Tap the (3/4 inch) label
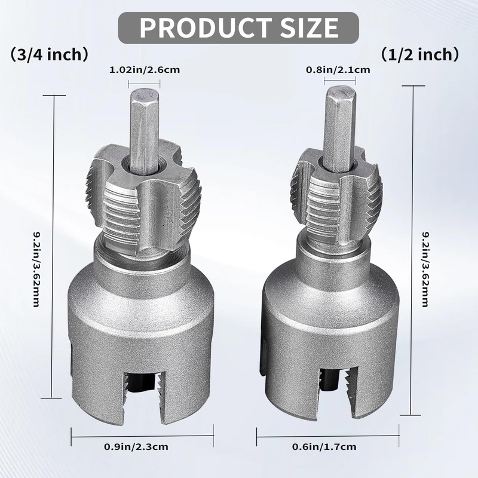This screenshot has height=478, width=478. tap(50, 54)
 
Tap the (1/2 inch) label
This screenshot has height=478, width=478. tap(420, 54)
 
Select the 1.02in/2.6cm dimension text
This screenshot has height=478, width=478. tap(145, 70)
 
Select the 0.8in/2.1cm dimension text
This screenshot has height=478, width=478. tap(338, 70)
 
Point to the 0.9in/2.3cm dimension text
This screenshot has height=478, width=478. tap(136, 447)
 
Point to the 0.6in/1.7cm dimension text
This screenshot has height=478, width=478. tap(324, 447)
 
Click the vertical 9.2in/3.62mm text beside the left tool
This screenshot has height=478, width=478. tap(36, 269)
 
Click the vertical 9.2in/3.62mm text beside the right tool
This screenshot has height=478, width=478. tap(425, 269)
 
